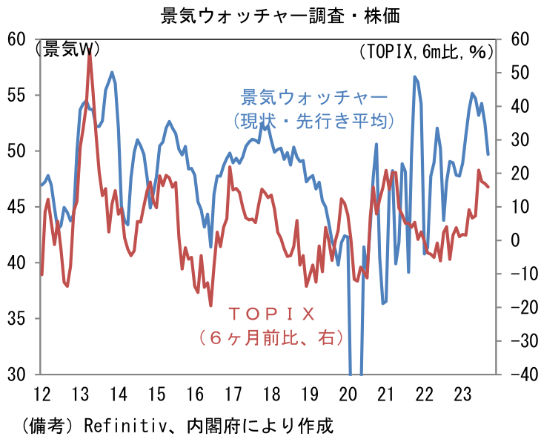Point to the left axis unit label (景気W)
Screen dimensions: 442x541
click(67, 49)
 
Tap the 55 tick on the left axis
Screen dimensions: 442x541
click(17, 95)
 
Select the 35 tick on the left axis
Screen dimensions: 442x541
click(17, 319)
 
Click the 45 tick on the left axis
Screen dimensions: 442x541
click(17, 207)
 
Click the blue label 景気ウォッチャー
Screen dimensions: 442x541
click(314, 97)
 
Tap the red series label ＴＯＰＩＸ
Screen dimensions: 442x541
click(271, 313)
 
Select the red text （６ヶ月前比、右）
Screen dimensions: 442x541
click(271, 337)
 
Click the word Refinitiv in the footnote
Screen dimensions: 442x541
click(125, 426)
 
